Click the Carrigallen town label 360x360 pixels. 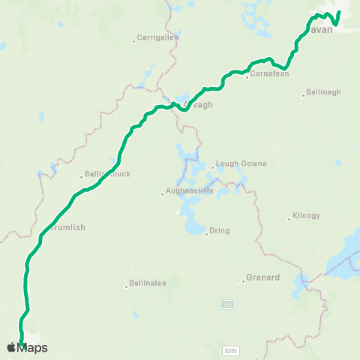click(x=158, y=37)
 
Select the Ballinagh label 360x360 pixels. click(x=324, y=92)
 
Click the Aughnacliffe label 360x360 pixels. click(x=190, y=190)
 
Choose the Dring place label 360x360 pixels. click(x=220, y=230)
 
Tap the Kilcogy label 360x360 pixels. click(x=307, y=215)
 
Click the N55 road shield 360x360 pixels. click(x=227, y=304)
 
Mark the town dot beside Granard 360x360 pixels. click(x=244, y=282)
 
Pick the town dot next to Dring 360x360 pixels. click(x=206, y=234)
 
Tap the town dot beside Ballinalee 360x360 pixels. click(x=126, y=286)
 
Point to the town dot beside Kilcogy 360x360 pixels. click(x=289, y=219)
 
